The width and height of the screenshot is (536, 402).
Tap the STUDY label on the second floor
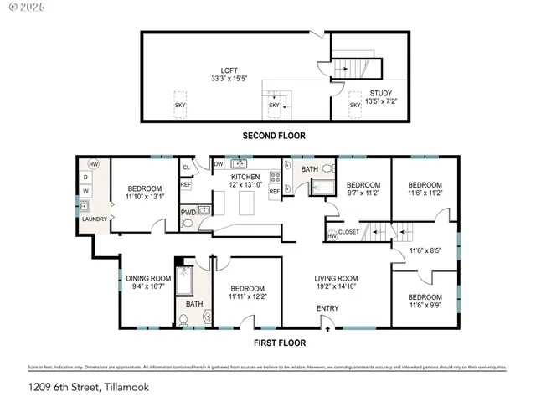tap(380, 93)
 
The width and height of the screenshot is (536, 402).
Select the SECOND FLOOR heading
tap(274, 135)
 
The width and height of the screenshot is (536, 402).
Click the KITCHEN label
tap(246, 177)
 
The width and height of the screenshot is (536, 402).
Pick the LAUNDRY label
tap(94, 219)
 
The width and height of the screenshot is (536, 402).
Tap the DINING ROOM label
tap(148, 278)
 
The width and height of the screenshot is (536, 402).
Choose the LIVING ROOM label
tap(336, 278)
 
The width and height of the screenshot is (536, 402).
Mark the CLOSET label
tap(349, 232)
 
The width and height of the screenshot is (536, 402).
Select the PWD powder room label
tap(188, 213)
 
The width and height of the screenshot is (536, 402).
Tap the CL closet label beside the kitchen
tap(186, 167)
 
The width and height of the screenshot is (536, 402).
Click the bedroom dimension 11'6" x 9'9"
tap(425, 307)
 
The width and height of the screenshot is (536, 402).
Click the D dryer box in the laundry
tap(85, 178)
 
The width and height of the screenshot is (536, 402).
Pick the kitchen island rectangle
tap(246, 203)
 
